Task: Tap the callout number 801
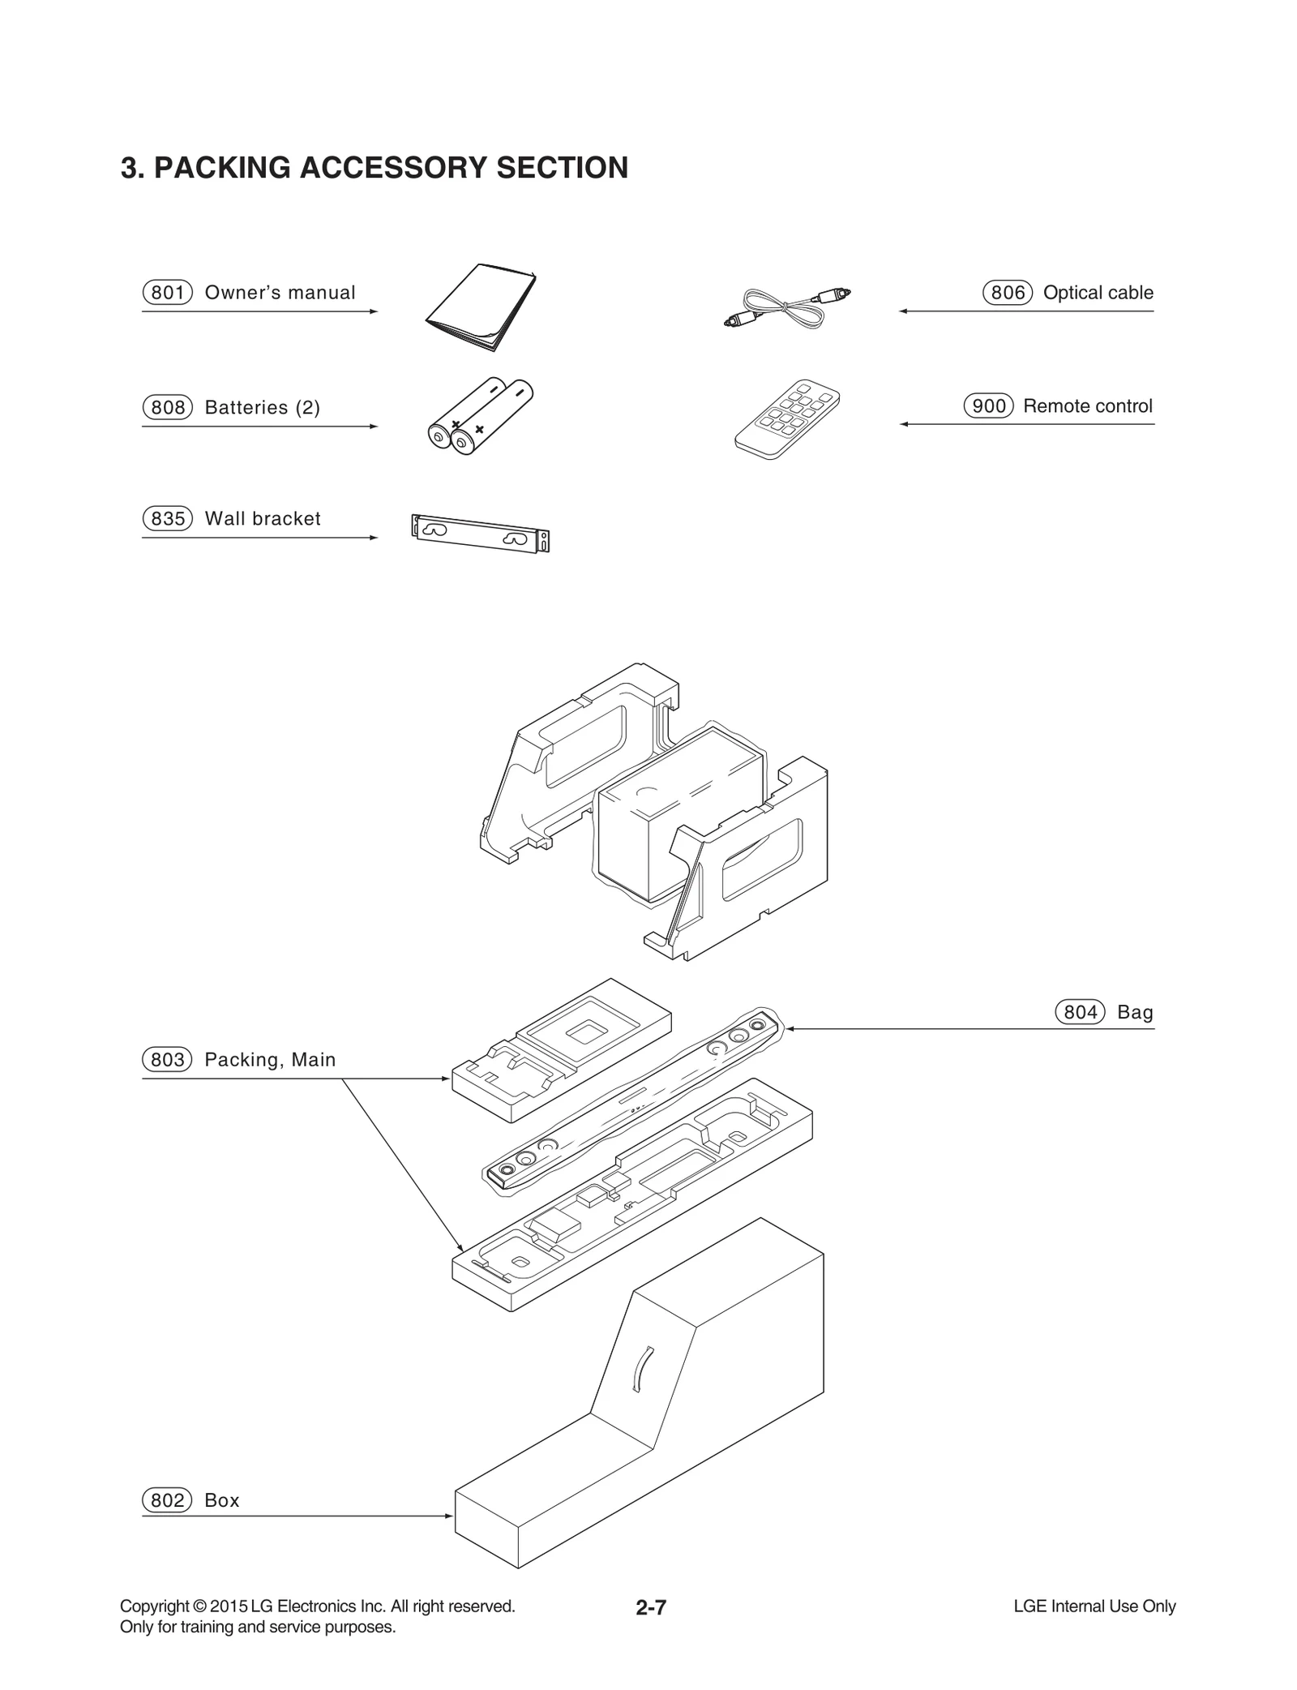[168, 293]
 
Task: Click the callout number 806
[1008, 293]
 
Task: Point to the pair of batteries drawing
[480, 415]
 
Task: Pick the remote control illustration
[787, 418]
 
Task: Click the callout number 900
[988, 406]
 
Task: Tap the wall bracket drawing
[480, 533]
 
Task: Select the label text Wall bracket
[263, 519]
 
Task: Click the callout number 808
[168, 408]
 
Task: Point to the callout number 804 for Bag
[1080, 1012]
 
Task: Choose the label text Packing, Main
[270, 1060]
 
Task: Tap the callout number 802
[168, 1500]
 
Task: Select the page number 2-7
[651, 1607]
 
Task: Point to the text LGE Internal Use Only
[1094, 1606]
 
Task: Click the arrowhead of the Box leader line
[449, 1516]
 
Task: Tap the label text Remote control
[1087, 406]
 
